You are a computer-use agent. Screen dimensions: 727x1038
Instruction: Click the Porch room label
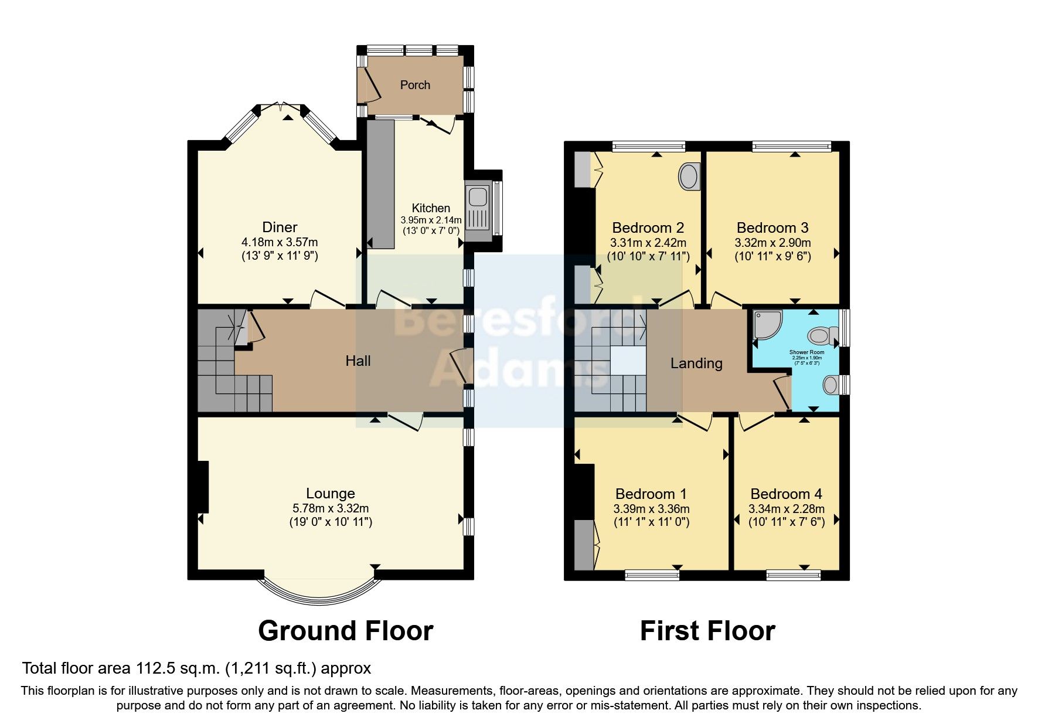(x=415, y=85)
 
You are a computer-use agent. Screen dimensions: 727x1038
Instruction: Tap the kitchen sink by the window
(x=478, y=212)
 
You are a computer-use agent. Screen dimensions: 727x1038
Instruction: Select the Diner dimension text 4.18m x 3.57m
(x=280, y=242)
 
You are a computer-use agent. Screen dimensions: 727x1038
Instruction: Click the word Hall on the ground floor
(x=358, y=361)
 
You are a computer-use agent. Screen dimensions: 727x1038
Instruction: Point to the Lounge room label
(x=331, y=494)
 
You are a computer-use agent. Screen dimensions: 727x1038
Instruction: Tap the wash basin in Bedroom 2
(x=690, y=176)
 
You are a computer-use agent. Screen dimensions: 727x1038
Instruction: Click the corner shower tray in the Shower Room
(x=767, y=325)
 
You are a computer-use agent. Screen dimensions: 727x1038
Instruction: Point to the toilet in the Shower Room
(x=819, y=336)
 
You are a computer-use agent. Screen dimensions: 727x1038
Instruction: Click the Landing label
(x=696, y=363)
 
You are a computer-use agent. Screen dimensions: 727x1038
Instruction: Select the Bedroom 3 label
(x=772, y=227)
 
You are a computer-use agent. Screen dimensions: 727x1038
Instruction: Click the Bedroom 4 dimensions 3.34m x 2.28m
(x=786, y=509)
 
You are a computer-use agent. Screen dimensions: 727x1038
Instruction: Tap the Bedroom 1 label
(x=651, y=494)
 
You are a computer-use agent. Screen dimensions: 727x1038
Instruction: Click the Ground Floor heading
(x=345, y=631)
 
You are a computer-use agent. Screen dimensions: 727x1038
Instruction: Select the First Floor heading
(x=707, y=631)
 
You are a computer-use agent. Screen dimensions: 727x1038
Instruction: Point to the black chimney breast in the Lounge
(x=203, y=487)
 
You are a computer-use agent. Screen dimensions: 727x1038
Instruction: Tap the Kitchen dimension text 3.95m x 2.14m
(x=431, y=220)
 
